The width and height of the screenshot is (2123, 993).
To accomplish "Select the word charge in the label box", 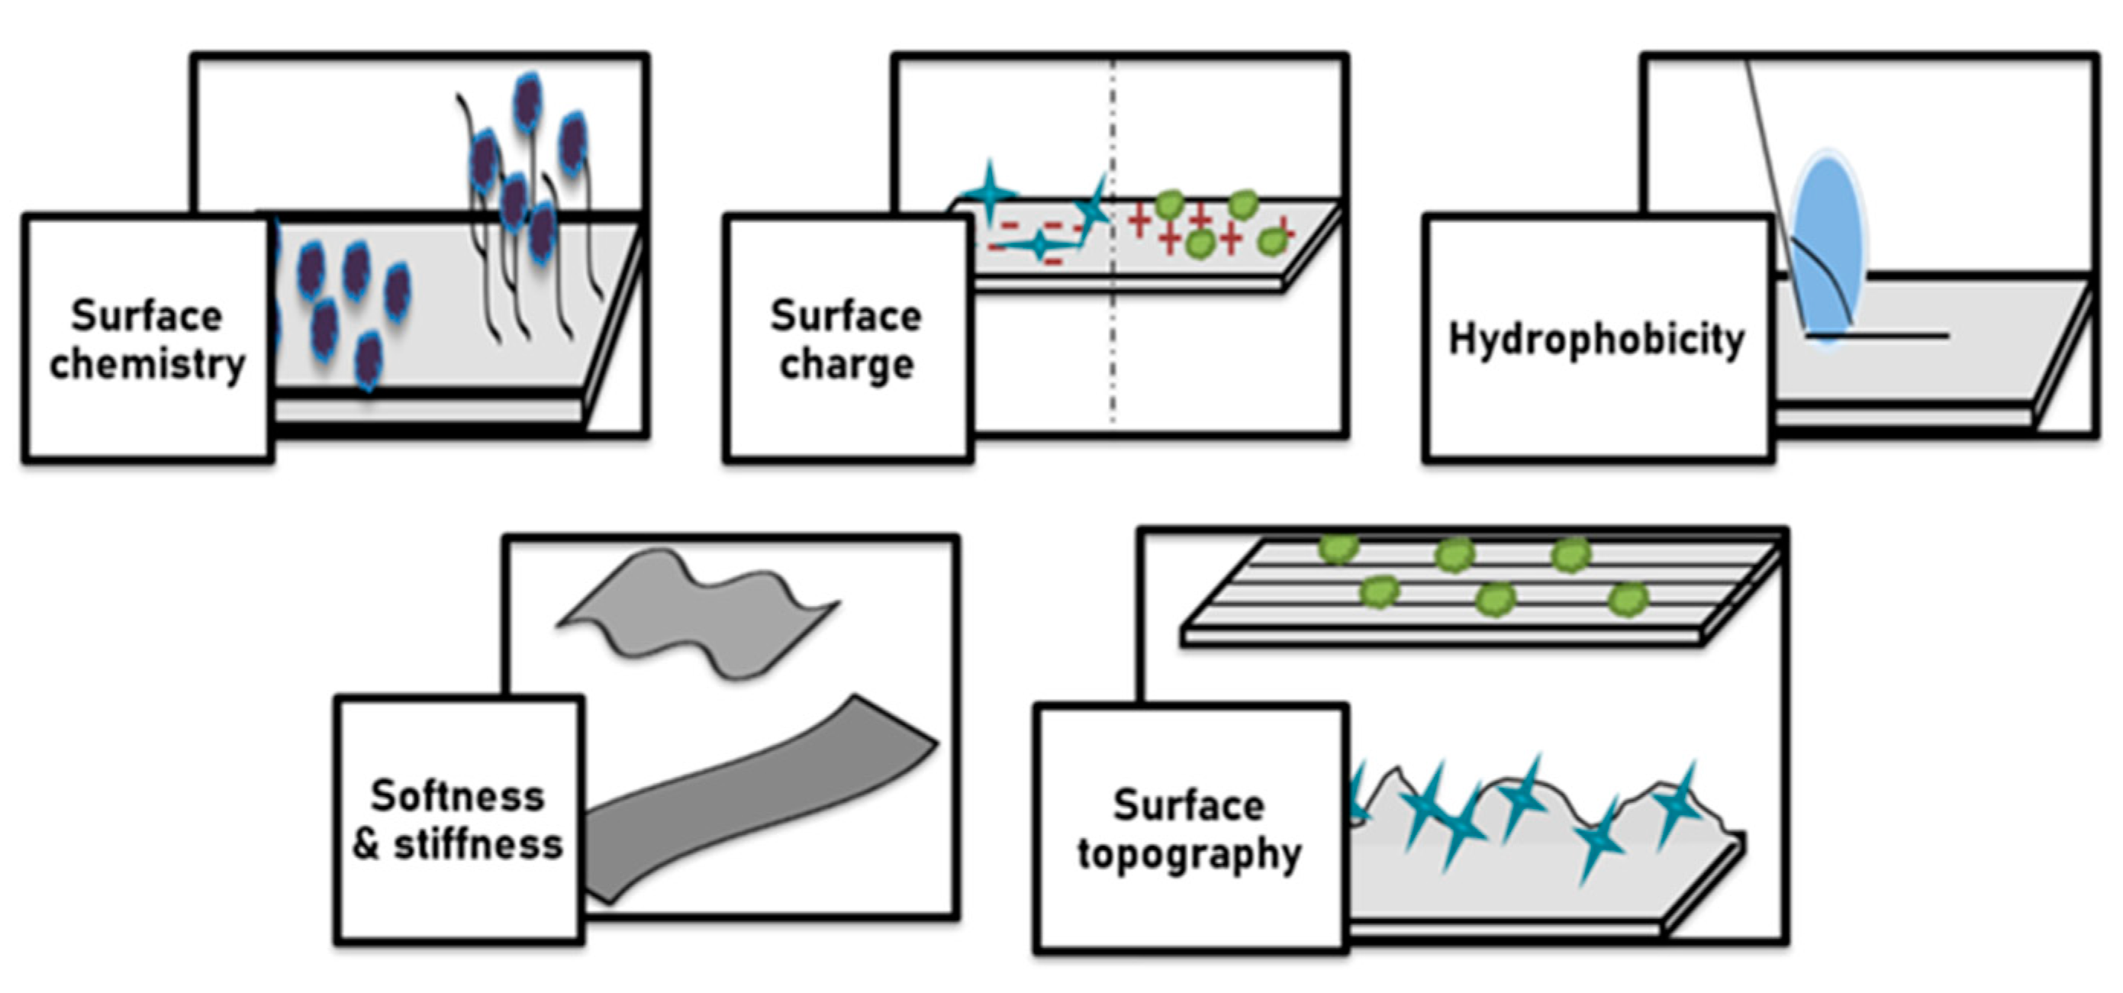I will click(846, 364).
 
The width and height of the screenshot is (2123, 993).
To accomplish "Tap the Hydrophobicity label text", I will click(1596, 340).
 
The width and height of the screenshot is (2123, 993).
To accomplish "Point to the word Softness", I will click(457, 796).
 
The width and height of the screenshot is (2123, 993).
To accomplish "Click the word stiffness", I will click(478, 845).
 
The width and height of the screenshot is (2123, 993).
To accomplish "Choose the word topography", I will click(1189, 854).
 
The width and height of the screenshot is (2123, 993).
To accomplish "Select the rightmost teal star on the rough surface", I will click(1677, 804).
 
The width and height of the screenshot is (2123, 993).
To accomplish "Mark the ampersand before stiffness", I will click(367, 845).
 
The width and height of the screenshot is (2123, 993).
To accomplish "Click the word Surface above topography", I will click(1188, 805).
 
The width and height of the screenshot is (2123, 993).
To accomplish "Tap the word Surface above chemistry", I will click(147, 316).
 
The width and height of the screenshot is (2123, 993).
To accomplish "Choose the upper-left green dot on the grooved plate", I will click(1339, 548).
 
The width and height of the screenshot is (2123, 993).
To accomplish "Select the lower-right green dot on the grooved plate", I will click(1628, 598).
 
